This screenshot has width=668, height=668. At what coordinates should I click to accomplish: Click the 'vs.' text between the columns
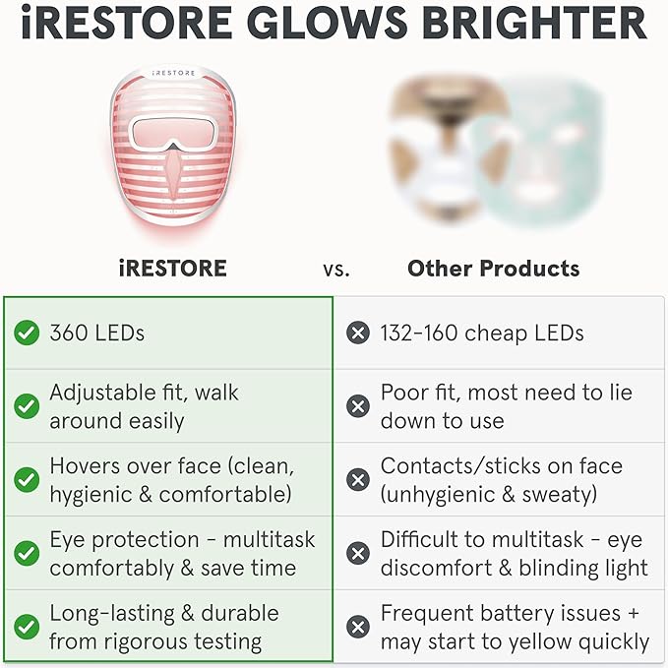pos(335,269)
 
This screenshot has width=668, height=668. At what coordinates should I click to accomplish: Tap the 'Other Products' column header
pos(493,268)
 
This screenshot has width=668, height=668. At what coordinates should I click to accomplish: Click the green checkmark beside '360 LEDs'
pos(27,334)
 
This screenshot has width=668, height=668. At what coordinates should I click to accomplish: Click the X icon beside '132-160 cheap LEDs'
pos(358,334)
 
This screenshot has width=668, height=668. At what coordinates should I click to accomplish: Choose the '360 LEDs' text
pos(96,334)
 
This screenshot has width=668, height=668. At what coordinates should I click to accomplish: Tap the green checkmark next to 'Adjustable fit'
pos(27,406)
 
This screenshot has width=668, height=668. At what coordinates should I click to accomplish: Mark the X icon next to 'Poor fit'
pos(358,406)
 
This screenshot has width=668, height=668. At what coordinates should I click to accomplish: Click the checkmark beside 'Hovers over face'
pos(27,479)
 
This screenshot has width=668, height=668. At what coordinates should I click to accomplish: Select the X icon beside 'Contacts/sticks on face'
pos(358,479)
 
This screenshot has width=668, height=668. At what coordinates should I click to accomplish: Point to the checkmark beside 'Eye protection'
pos(27,553)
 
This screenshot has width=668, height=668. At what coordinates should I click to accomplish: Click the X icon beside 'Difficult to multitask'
pos(358,553)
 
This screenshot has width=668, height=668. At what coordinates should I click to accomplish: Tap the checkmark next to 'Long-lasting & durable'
pos(27,627)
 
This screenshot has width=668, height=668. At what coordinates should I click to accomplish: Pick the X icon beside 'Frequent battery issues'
pos(358,627)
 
